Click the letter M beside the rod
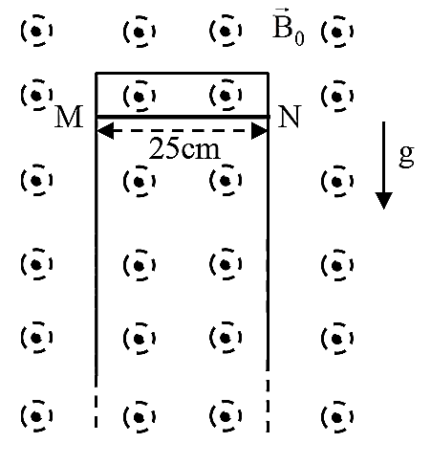(x=69, y=117)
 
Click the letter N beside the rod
(x=290, y=117)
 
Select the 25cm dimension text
(x=184, y=149)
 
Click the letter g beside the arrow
(x=406, y=155)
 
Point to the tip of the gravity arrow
(x=383, y=210)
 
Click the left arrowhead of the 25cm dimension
(x=105, y=130)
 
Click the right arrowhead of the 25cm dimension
(x=259, y=130)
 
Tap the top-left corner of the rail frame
(x=97, y=74)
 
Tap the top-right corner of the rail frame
(x=269, y=74)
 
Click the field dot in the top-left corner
(x=36, y=31)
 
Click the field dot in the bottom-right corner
(x=337, y=417)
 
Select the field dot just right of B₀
(x=337, y=32)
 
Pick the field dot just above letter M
(x=36, y=95)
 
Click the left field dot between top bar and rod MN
(x=139, y=96)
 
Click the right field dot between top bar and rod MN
(x=226, y=95)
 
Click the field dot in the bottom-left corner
(x=36, y=416)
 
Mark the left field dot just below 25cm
(x=139, y=182)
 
